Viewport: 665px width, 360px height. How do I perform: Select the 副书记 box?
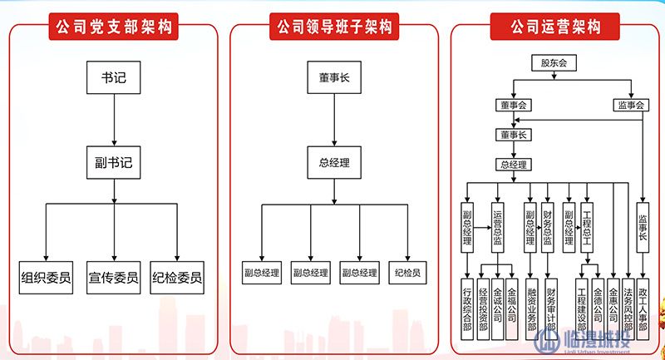point(114,162)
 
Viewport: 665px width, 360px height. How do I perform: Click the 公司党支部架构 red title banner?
point(113,27)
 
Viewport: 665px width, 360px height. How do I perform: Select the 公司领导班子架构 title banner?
point(333,27)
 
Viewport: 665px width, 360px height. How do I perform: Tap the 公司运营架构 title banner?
point(554,27)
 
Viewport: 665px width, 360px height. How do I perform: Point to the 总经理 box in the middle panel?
point(333,162)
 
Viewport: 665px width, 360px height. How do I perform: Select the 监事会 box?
point(632,106)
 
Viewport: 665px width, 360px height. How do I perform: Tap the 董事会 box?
point(513,106)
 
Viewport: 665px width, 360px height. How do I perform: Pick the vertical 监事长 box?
point(642,225)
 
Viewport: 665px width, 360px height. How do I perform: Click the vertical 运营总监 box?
point(498,225)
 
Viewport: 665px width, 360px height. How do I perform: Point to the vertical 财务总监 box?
point(547,225)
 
